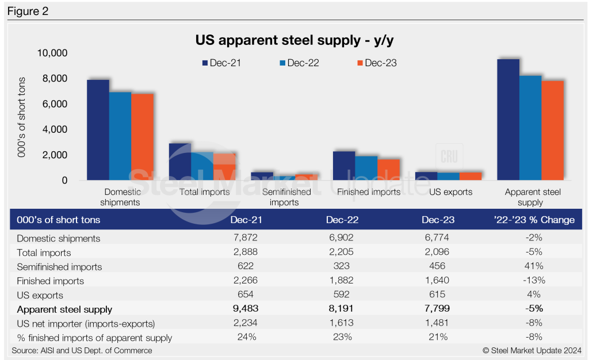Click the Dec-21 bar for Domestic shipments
[98, 130]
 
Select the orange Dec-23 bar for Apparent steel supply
[552, 131]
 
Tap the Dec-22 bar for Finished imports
[366, 168]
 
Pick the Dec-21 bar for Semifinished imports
[262, 177]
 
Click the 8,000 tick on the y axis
[56, 78]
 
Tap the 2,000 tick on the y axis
[56, 155]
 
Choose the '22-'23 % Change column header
[533, 220]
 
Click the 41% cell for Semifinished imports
[533, 267]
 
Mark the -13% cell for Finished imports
[533, 281]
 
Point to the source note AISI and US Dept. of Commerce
[82, 350]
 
